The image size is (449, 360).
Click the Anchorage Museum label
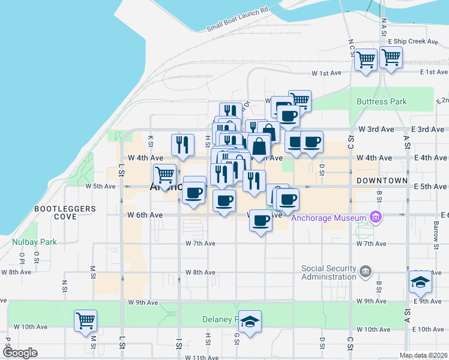[x=328, y=218]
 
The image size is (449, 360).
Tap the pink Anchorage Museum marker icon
[x=376, y=217]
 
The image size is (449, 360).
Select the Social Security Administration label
[x=329, y=272]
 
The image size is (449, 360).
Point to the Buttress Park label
[x=382, y=101]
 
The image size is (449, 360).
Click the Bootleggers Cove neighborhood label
[x=65, y=212]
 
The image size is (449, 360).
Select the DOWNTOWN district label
[x=381, y=180]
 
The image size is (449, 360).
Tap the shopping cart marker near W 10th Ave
[x=86, y=320]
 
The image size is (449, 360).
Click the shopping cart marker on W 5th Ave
[x=164, y=175]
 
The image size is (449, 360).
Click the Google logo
[x=20, y=353]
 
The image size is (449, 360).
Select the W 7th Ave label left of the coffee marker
[x=200, y=244]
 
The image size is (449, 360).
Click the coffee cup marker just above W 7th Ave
[x=261, y=221]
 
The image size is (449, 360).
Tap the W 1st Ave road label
[x=326, y=73]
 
